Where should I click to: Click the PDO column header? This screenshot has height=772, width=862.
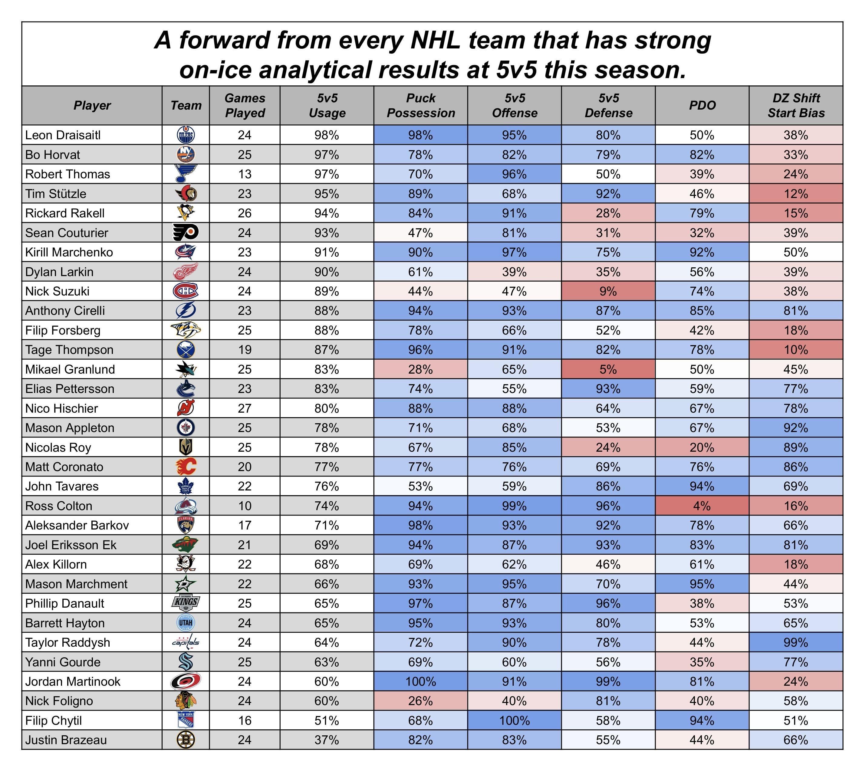[x=702, y=105]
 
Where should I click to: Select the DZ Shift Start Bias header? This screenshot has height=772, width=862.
[x=795, y=105]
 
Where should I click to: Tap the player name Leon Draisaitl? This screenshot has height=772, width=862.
[x=63, y=135]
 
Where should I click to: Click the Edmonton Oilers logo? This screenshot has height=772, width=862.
[x=186, y=135]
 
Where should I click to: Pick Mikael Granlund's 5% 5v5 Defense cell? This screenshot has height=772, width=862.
[x=608, y=369]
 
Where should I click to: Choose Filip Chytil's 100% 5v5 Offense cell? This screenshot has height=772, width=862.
[x=514, y=720]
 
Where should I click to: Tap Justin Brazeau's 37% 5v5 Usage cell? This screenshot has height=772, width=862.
[x=327, y=740]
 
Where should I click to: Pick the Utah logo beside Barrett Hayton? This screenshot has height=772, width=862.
[x=186, y=623]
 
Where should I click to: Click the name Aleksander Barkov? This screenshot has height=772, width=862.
[x=77, y=525]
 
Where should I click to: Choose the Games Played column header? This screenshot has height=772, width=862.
[x=245, y=105]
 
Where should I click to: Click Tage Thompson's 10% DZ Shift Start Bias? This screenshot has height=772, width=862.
[x=795, y=350]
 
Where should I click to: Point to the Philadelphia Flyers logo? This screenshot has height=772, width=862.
[x=186, y=233]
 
